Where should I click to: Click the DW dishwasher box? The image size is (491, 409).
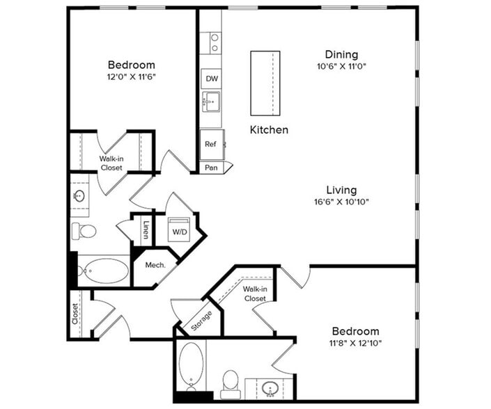click(x=210, y=79)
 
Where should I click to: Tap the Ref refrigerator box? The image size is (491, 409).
click(x=210, y=144)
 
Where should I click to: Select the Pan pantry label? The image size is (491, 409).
click(x=210, y=168)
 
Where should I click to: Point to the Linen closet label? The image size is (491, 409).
click(x=145, y=230)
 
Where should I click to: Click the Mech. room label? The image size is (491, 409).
click(x=154, y=265)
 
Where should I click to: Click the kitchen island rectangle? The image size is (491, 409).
click(x=265, y=83)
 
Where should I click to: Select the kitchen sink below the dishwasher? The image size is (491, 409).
click(x=210, y=103)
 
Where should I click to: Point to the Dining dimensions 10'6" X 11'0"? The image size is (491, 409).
click(x=341, y=67)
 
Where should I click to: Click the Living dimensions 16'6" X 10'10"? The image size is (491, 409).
click(x=341, y=202)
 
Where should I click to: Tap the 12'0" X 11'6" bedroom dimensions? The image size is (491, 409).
click(x=132, y=77)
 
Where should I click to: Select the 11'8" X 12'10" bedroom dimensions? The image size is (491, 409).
click(x=355, y=343)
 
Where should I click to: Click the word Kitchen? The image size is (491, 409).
click(x=269, y=129)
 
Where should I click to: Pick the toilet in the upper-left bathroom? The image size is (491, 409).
click(x=87, y=231)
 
